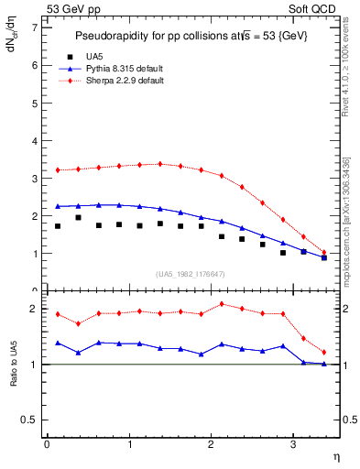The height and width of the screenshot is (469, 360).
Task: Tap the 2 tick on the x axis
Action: tap(211, 444)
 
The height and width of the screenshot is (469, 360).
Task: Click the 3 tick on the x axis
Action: tap(292, 444)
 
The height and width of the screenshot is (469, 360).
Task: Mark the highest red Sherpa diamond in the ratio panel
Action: tap(222, 304)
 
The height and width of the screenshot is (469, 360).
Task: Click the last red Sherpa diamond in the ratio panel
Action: tap(323, 352)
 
